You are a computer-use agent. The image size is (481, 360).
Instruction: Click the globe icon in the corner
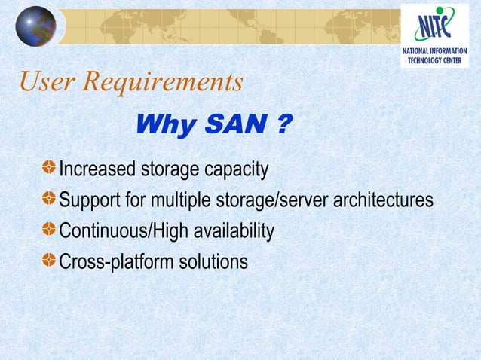click(35, 26)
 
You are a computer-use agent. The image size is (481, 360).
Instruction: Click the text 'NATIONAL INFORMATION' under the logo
click(434, 50)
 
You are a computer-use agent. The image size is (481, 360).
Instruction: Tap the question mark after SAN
click(282, 125)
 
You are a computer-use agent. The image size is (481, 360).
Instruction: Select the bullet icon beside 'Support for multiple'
click(48, 200)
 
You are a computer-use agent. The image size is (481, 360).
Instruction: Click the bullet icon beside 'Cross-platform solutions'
click(48, 261)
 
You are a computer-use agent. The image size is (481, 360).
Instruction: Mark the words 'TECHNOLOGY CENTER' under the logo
click(434, 59)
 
